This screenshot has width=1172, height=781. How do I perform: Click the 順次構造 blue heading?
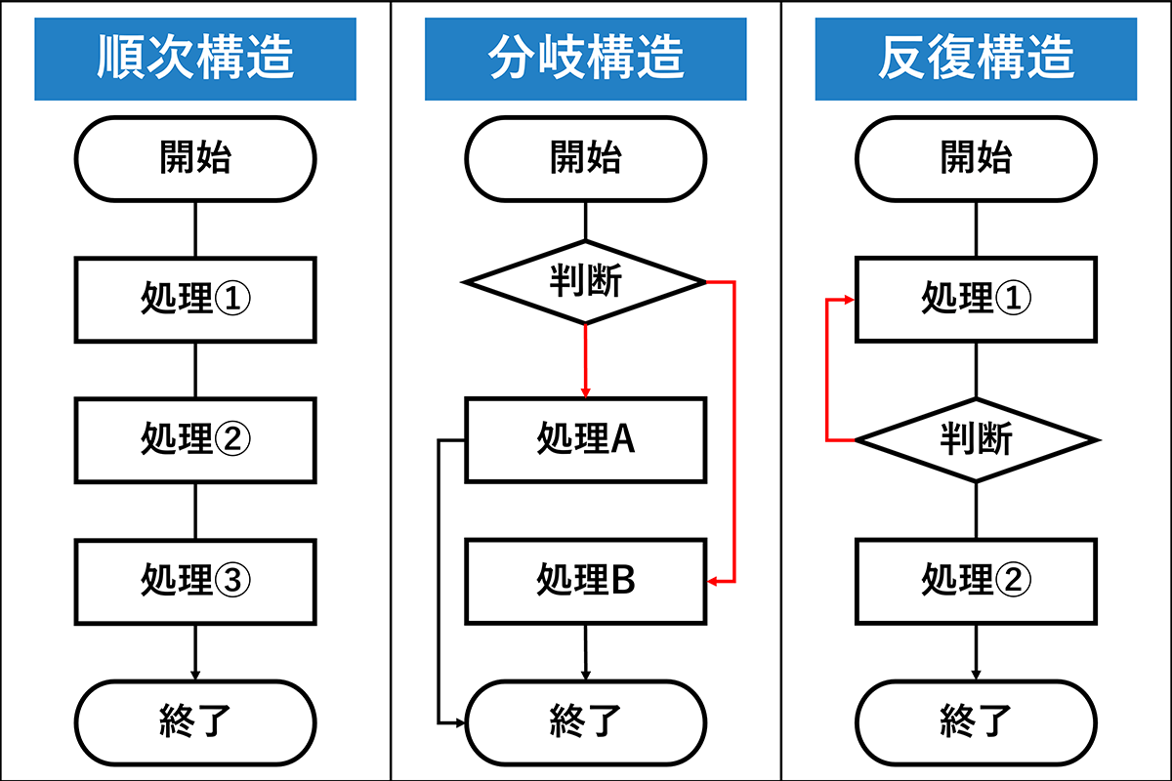(195, 59)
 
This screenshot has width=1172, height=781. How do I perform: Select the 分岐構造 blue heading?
(586, 59)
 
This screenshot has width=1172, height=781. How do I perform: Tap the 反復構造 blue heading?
(977, 59)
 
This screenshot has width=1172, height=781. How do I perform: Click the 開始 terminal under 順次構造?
(195, 158)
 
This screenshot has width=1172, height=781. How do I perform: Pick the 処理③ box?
(195, 581)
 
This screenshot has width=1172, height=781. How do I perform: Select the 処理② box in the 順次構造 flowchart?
(195, 440)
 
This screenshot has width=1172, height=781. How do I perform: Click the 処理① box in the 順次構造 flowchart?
(195, 300)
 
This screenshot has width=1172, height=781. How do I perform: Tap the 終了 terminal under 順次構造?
(195, 721)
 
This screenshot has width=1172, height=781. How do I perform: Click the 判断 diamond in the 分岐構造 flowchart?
(586, 282)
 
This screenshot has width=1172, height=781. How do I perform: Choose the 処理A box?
(586, 440)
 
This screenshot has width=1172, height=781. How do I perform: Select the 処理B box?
(586, 581)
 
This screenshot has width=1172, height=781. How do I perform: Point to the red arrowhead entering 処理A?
(586, 392)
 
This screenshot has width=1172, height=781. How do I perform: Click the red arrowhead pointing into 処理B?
(713, 581)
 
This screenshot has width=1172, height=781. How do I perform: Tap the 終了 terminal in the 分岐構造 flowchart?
(586, 721)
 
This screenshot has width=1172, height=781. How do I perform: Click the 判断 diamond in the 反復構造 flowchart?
(977, 440)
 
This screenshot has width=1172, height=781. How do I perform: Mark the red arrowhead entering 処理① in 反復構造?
(851, 300)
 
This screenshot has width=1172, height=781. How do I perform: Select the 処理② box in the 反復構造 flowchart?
(977, 581)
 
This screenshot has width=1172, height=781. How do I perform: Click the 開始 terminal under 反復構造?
(977, 158)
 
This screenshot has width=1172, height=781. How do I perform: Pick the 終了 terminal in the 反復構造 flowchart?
(977, 721)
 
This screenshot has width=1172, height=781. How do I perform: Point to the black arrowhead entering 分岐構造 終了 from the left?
(463, 722)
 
